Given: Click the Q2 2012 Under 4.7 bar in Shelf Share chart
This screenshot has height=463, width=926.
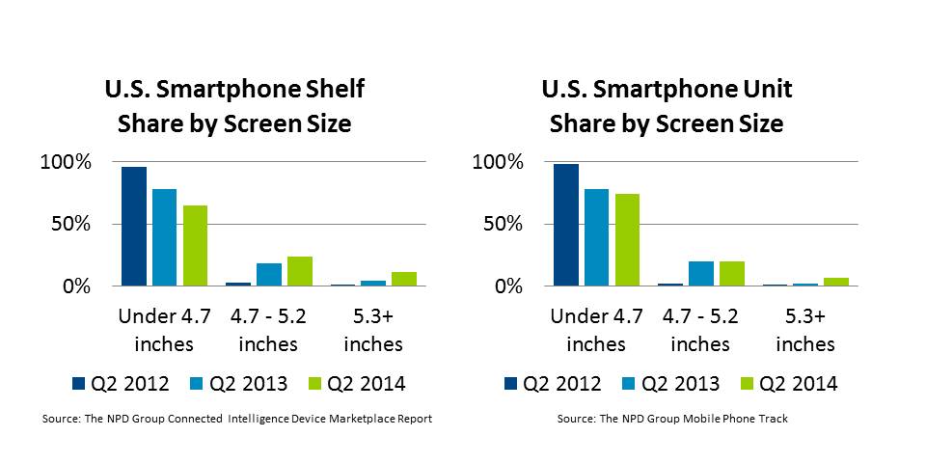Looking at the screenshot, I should [134, 227].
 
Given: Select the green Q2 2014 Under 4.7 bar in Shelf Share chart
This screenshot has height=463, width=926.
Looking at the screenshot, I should [195, 246].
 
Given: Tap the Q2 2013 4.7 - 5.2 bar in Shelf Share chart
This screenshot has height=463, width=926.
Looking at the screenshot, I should [269, 275].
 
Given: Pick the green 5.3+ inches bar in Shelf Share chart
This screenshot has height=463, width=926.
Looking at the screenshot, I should [404, 279].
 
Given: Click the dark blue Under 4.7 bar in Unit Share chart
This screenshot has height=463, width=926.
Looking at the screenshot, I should [566, 225].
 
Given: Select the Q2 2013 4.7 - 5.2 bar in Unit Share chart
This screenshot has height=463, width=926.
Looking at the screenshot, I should [701, 274].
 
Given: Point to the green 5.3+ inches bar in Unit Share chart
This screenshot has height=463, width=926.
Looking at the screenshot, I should [836, 282].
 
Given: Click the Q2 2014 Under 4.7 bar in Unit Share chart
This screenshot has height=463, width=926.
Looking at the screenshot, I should [627, 240].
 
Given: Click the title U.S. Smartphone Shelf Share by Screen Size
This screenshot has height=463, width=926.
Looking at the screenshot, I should [234, 107].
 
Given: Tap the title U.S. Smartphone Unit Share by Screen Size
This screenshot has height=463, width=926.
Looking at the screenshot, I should [667, 107].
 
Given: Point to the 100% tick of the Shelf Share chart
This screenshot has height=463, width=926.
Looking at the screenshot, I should [66, 162].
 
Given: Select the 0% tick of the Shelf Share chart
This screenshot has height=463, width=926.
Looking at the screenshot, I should [75, 286].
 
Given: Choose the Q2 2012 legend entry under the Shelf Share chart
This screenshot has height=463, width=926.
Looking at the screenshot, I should [121, 383].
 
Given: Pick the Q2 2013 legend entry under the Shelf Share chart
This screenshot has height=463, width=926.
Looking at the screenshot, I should [238, 383].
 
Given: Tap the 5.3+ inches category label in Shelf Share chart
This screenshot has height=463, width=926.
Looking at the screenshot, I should [373, 329].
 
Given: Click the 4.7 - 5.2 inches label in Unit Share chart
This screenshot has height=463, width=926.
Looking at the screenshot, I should [701, 329].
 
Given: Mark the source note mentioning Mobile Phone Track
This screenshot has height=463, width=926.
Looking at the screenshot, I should [673, 420].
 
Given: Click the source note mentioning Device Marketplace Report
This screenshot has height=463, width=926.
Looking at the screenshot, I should [236, 420].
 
